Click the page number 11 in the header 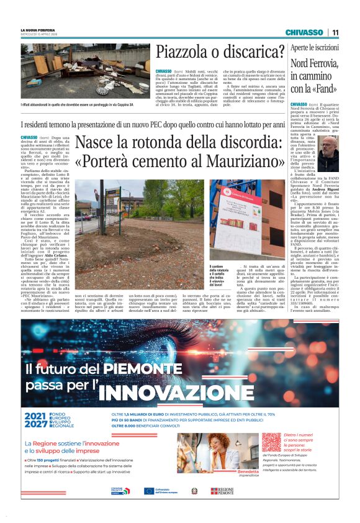[x=335, y=32]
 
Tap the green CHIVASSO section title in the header [x=304, y=32]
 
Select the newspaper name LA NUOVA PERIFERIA [x=38, y=30]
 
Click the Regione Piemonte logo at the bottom [x=222, y=490]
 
